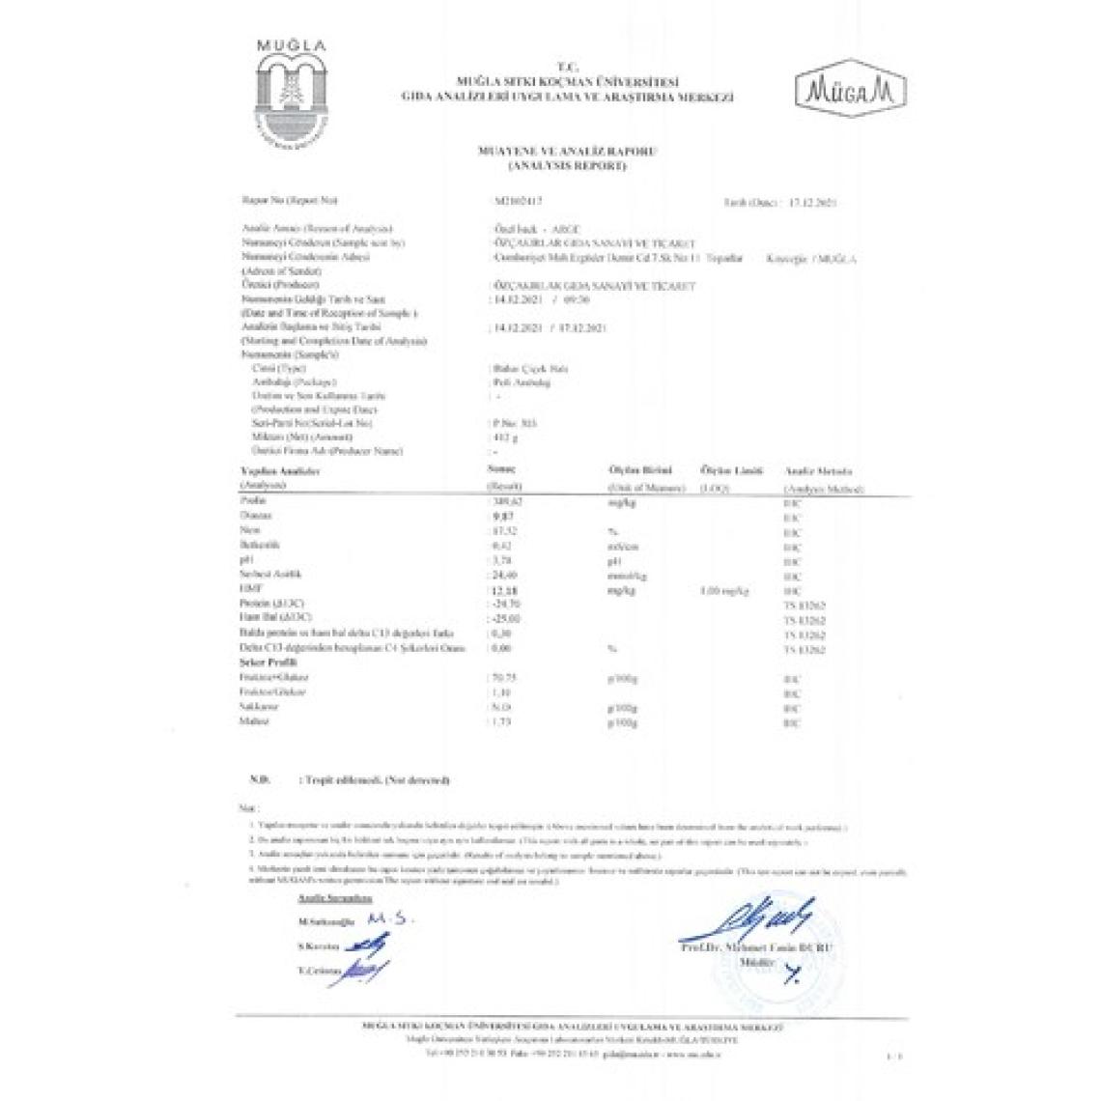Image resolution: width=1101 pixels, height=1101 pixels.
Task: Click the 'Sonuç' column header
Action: [x=504, y=468]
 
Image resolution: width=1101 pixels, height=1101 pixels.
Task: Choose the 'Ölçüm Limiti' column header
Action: [x=731, y=470]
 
